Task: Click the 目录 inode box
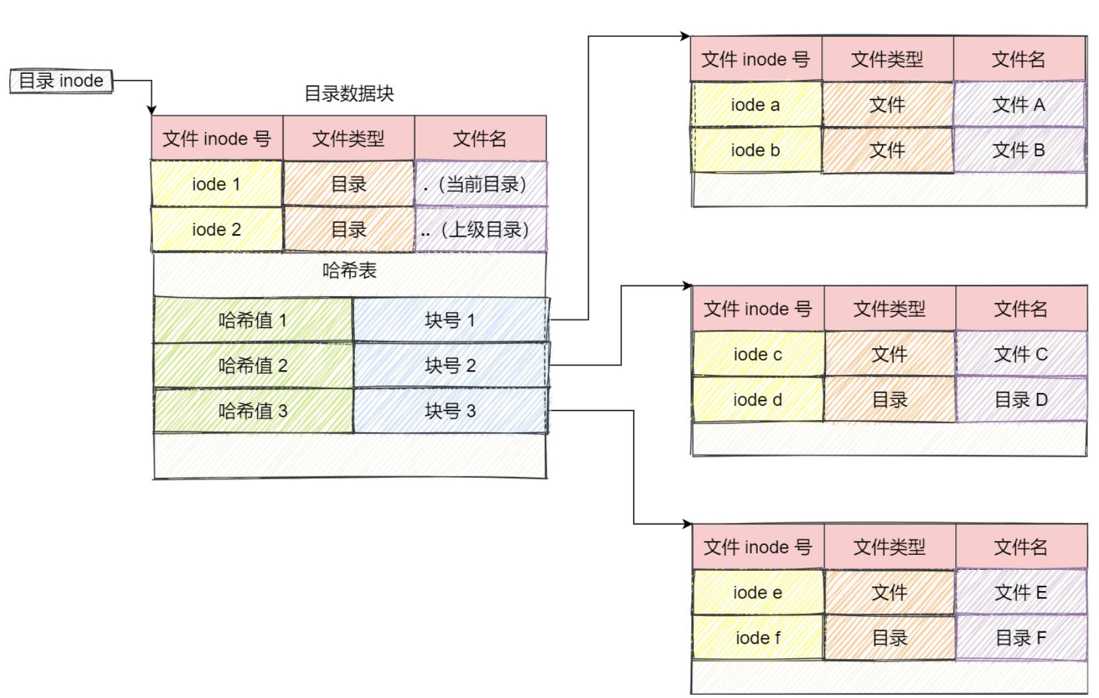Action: [61, 81]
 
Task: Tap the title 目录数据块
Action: [348, 94]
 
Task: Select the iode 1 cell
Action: [216, 184]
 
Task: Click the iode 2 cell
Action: [216, 230]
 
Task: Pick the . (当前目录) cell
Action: [480, 184]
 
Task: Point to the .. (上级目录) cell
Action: [480, 230]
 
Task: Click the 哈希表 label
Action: [349, 270]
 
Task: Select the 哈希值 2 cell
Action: [253, 365]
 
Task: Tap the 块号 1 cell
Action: [450, 321]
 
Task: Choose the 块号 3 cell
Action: [450, 411]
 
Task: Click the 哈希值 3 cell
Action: [253, 411]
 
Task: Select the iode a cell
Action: [755, 105]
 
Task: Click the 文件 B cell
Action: [1019, 150]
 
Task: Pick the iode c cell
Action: [757, 354]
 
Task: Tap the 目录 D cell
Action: [1020, 400]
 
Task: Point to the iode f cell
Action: [757, 638]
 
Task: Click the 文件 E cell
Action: [1020, 592]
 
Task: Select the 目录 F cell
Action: [1020, 638]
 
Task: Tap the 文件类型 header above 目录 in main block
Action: [348, 139]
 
